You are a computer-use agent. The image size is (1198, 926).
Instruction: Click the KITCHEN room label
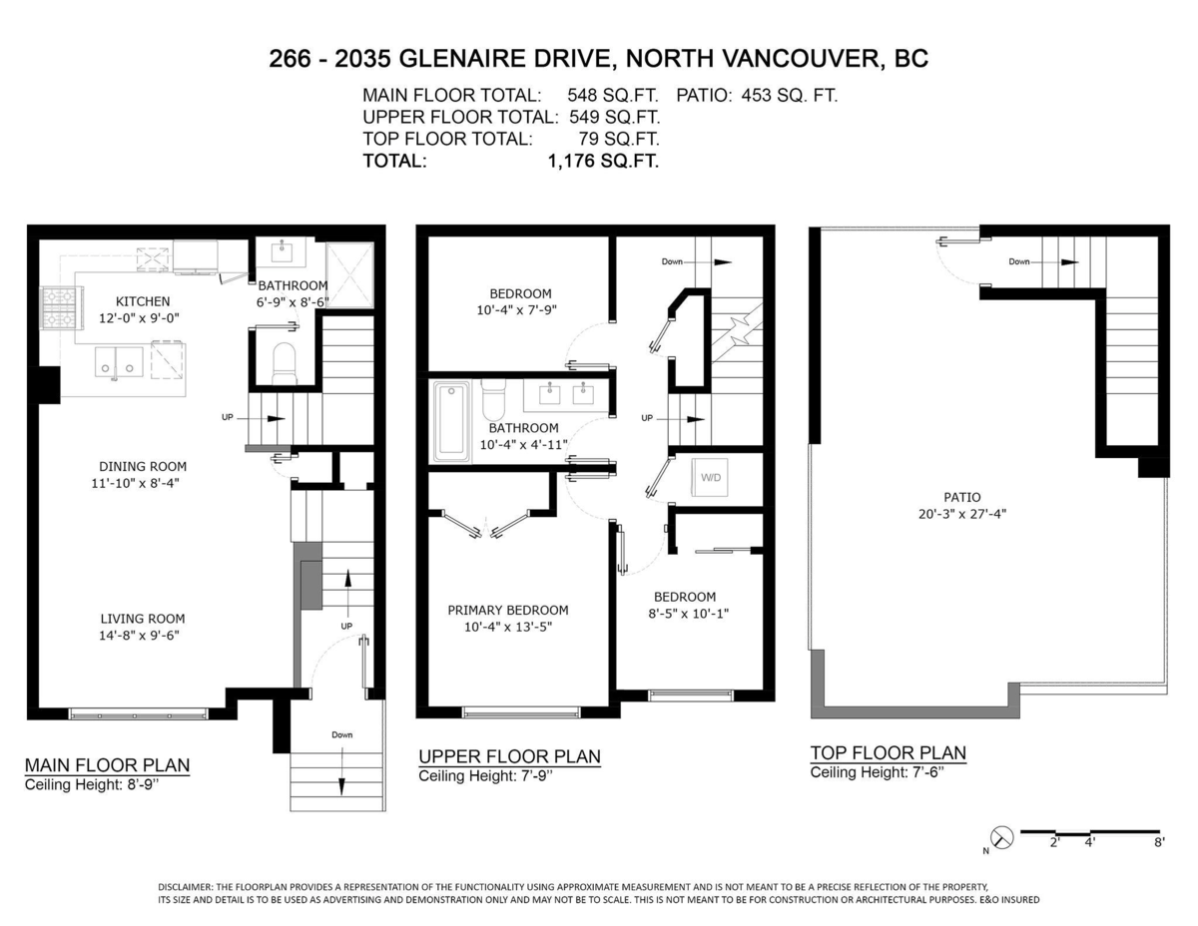tap(143, 301)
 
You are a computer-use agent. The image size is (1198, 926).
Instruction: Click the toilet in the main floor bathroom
tap(284, 363)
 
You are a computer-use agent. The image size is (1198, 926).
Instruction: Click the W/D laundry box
tap(710, 478)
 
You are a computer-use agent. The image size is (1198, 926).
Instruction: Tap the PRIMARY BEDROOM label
tap(507, 611)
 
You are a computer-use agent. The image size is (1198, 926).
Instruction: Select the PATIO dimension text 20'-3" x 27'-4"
tap(962, 514)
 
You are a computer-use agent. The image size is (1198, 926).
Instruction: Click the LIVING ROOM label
tap(142, 619)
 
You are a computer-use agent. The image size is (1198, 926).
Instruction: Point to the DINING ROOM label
tap(142, 466)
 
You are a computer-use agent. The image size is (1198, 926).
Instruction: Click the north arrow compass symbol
tap(1002, 838)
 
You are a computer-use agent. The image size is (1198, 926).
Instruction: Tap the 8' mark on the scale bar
tap(1157, 843)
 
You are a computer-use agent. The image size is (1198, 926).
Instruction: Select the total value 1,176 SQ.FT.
tap(603, 161)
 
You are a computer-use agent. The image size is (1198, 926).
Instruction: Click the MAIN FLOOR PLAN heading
tap(107, 765)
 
